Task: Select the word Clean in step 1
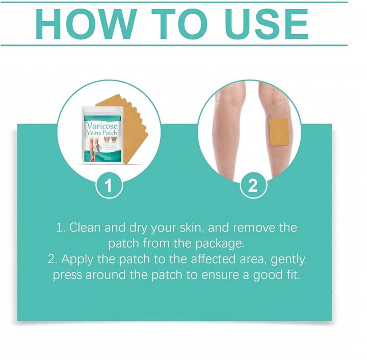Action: click(x=85, y=227)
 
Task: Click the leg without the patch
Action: click(x=229, y=133)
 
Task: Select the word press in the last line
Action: click(x=69, y=275)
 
